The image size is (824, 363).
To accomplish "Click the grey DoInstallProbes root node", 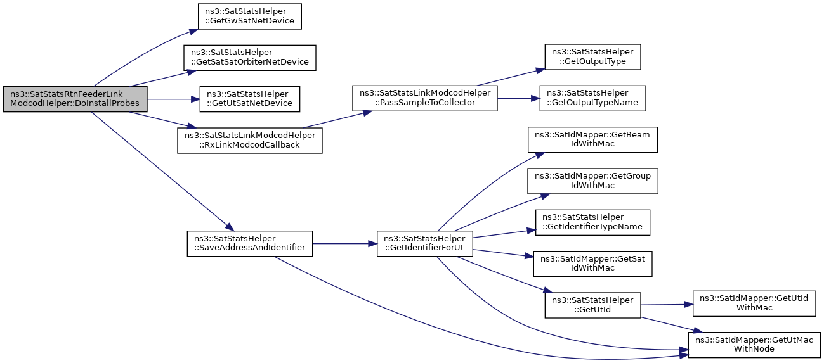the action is (75, 99).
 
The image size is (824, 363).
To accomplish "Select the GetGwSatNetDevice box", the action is (250, 16).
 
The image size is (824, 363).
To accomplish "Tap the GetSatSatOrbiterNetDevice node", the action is (250, 58).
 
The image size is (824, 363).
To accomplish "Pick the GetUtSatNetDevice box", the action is (250, 99).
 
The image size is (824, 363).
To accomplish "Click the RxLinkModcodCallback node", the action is (250, 141).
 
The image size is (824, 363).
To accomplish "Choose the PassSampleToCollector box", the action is (425, 98).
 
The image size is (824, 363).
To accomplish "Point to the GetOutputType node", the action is (592, 57).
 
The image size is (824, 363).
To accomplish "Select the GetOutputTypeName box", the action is (592, 98).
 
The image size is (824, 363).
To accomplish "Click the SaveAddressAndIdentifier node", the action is (250, 244).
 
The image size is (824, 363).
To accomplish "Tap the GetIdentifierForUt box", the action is (425, 244).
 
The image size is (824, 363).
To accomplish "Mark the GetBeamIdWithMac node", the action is (592, 139).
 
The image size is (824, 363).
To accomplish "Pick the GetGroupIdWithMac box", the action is (592, 181).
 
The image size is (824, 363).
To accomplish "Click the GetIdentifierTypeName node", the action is (592, 222).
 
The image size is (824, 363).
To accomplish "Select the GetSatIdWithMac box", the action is (592, 264).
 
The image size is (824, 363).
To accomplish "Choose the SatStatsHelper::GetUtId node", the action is (592, 305).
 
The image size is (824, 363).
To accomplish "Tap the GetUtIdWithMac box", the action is (754, 303).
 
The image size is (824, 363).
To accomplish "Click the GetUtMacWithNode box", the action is (754, 345).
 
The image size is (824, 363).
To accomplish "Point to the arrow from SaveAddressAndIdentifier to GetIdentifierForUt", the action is (344, 244).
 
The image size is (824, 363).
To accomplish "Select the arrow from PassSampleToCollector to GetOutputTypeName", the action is (518, 98).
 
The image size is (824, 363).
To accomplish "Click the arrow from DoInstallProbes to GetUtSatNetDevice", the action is (174, 99).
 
